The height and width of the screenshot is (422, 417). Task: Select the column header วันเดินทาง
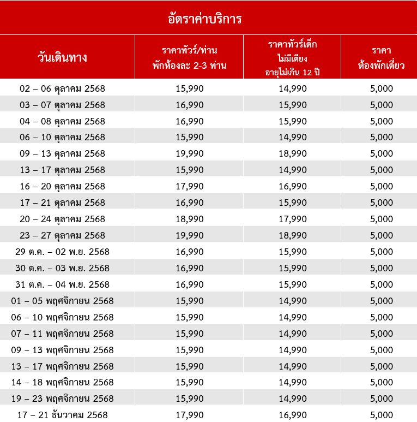63,57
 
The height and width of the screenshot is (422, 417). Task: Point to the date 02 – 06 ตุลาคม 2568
62,88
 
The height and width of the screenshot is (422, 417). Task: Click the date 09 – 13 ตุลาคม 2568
62,153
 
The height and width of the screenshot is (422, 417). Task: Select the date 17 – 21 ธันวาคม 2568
62,415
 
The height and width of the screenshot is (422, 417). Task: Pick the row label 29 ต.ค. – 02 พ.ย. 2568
62,252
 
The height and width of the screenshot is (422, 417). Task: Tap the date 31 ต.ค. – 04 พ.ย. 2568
62,284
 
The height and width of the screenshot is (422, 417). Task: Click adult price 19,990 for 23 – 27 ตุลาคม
190,235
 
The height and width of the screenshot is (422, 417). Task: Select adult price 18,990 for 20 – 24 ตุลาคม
190,219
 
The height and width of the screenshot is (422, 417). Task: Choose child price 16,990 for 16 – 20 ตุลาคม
293,186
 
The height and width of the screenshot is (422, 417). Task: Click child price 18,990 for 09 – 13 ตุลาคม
293,153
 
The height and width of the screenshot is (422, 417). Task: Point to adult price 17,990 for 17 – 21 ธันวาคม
190,415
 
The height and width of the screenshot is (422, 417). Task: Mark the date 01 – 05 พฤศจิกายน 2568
62,301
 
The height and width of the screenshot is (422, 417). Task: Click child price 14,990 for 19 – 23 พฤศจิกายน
293,399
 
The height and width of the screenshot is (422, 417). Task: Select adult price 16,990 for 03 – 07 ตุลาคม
190,105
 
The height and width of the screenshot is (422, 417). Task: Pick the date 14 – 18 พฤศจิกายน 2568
62,382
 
